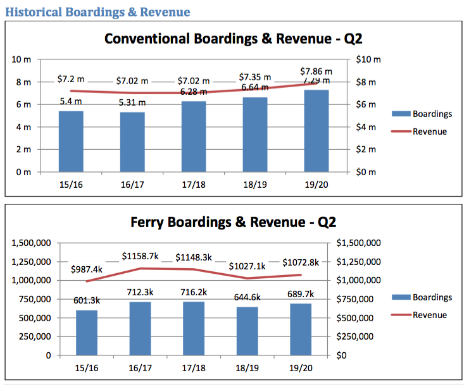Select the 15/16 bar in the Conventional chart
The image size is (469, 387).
click(x=71, y=142)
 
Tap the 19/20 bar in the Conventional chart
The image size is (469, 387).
click(x=316, y=131)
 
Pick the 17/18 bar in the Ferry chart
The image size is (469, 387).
click(x=194, y=328)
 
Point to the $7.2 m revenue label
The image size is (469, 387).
click(x=71, y=80)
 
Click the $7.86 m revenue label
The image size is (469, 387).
click(x=316, y=71)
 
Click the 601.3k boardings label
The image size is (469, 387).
click(x=87, y=300)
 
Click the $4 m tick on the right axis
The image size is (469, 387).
click(x=366, y=127)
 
